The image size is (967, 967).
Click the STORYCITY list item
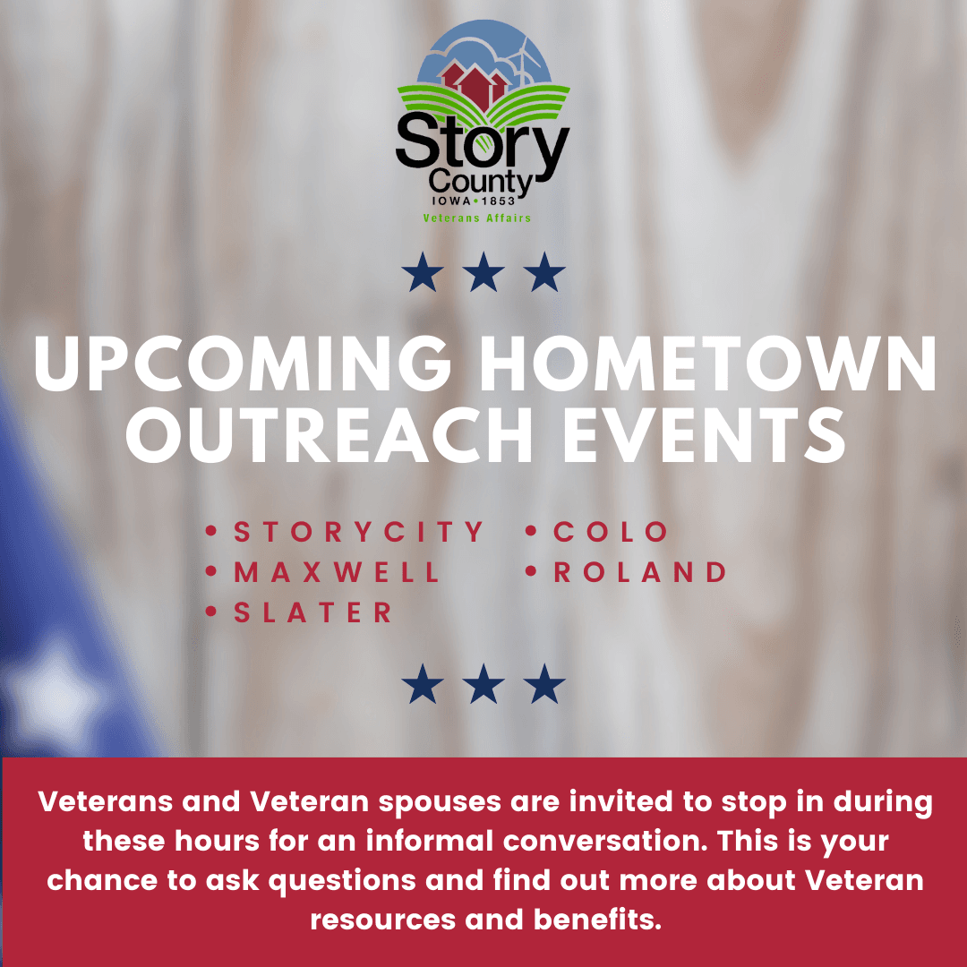click(358, 532)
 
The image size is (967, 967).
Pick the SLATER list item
click(313, 612)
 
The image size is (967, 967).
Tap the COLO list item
click(611, 532)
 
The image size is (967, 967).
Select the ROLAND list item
click(640, 572)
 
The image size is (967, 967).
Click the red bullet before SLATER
click(212, 612)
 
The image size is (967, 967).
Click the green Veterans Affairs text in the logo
click(477, 218)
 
